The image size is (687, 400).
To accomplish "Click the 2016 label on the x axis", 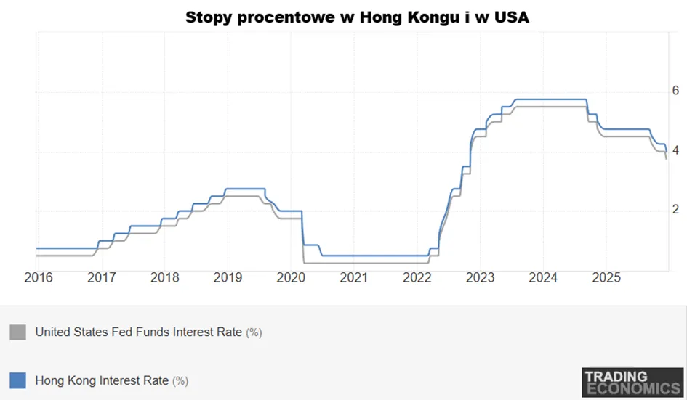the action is point(39,277).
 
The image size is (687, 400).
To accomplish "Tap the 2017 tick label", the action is point(102,277).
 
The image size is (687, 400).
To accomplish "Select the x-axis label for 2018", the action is point(165,277).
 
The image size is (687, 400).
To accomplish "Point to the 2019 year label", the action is point(228,277).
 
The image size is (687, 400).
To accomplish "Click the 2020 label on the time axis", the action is point(291,277).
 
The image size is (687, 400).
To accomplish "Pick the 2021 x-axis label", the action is point(354,277).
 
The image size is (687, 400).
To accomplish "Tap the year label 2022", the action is point(417,277).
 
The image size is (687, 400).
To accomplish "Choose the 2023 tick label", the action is point(481,277).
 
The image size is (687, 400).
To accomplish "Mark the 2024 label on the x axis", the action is point(543,277).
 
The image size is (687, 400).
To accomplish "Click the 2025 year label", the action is point(606,277).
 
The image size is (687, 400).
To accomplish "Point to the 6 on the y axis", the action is point(675,91).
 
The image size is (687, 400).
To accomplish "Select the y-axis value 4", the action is point(675,150).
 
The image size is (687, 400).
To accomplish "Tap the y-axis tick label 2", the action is point(675,209).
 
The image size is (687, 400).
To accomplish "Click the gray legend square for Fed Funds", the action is point(18,332).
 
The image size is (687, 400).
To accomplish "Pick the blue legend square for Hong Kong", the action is point(18,380).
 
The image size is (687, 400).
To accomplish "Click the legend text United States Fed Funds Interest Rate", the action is point(139,332).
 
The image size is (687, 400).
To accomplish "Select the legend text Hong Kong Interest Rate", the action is point(102,380).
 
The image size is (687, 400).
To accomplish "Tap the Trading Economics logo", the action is point(632,383).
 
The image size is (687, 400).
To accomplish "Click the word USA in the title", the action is point(511,17).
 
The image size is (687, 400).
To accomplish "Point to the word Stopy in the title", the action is point(209,18).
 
